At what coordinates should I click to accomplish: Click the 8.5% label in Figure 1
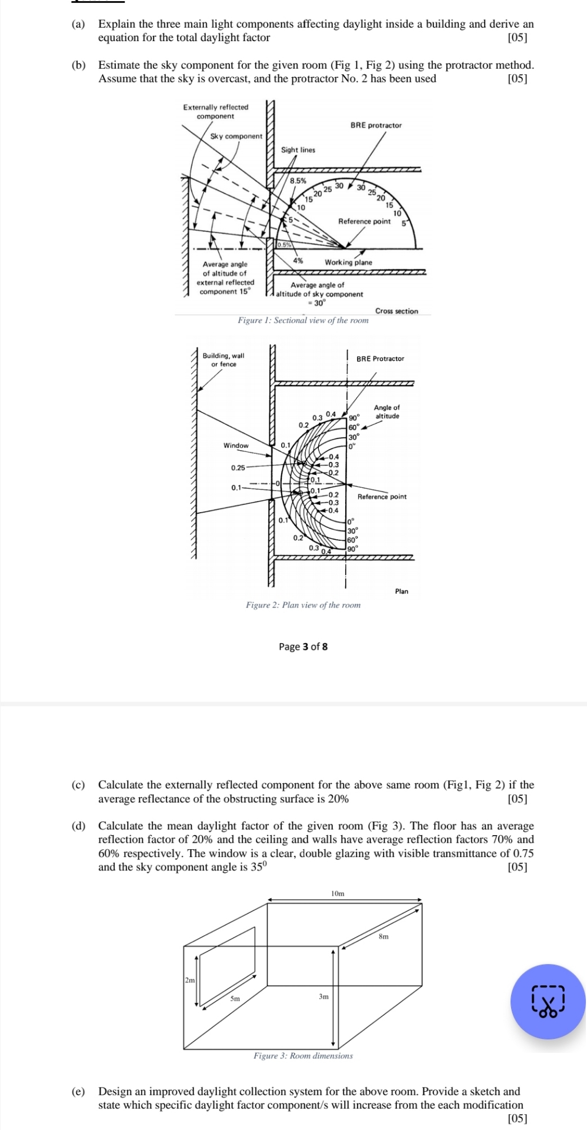click(x=298, y=181)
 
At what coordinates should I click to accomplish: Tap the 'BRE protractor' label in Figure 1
click(x=376, y=125)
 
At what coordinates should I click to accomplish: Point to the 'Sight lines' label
click(x=298, y=150)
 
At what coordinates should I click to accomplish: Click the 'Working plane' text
click(x=348, y=262)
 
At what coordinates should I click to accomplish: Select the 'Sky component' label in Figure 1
click(x=236, y=137)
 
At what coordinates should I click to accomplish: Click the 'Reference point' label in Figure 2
click(x=382, y=497)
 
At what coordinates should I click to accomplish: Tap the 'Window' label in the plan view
click(x=236, y=446)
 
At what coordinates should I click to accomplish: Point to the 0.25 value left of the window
click(x=238, y=468)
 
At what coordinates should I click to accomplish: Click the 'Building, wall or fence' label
click(x=224, y=360)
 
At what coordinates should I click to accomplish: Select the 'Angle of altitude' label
click(x=387, y=411)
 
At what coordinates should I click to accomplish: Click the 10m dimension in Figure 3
click(x=338, y=893)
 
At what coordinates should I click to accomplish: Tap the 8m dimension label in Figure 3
click(x=383, y=936)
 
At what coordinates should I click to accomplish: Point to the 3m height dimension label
click(x=323, y=997)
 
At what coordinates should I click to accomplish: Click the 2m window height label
click(x=189, y=981)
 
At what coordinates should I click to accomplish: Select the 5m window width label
click(x=235, y=999)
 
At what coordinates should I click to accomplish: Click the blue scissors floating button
click(x=548, y=1001)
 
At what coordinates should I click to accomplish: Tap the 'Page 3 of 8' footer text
click(x=303, y=647)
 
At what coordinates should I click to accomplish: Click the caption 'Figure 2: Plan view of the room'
click(x=303, y=605)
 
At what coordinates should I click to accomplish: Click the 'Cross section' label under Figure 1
click(x=396, y=311)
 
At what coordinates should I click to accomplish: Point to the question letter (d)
click(x=78, y=826)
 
